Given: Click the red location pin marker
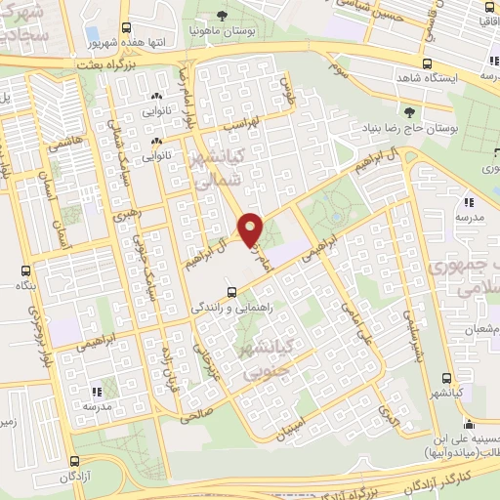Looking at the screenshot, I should (251, 229).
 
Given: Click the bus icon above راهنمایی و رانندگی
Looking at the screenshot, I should (230, 290).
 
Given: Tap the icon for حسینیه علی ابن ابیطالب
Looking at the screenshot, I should (470, 425).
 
